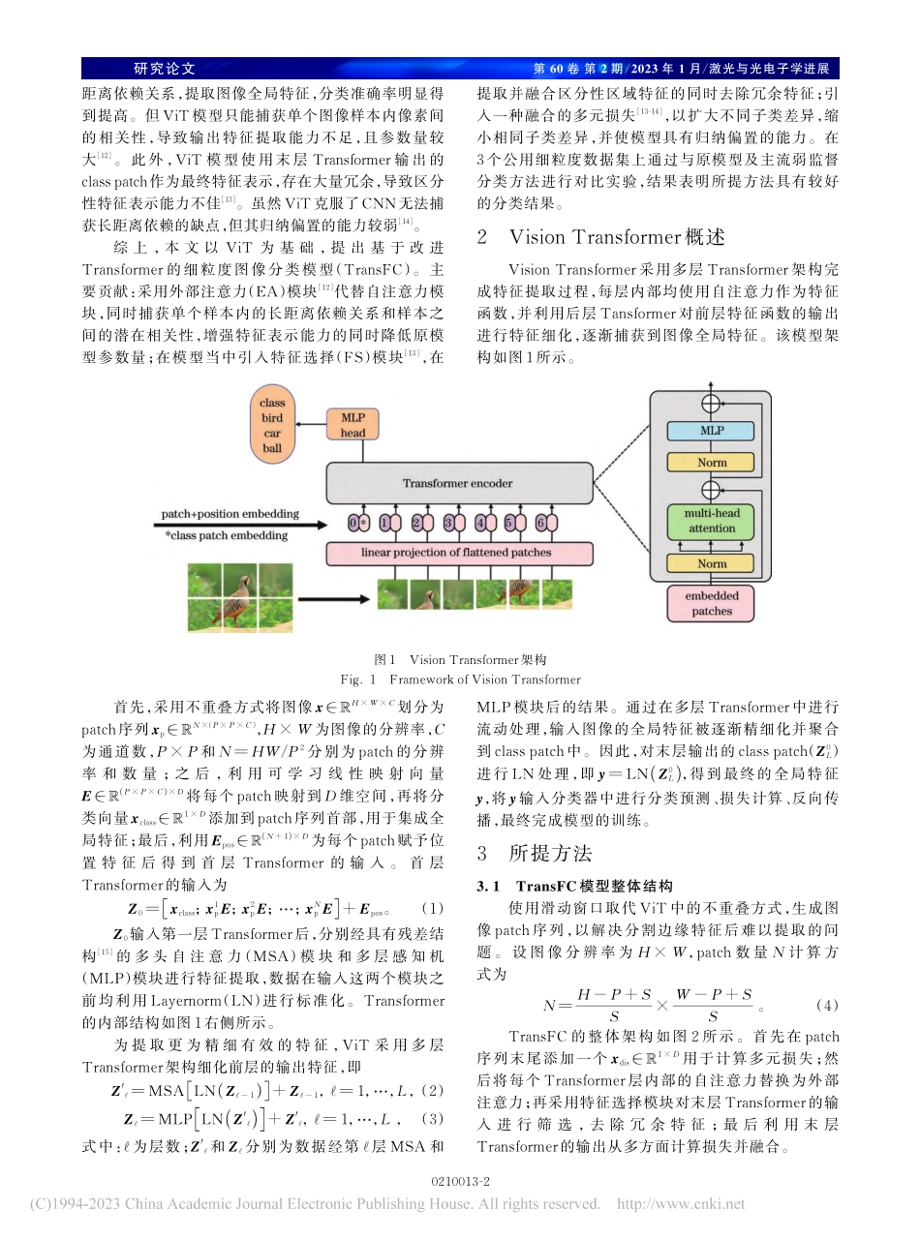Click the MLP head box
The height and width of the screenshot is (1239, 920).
tap(353, 425)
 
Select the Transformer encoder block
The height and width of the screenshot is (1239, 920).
tap(458, 482)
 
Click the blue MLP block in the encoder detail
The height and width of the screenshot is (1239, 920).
tap(712, 429)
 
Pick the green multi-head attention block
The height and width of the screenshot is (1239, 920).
tap(712, 522)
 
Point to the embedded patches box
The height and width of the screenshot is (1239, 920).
tap(712, 604)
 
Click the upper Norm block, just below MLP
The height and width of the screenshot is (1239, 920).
tap(712, 463)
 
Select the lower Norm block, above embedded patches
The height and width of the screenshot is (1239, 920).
tap(712, 563)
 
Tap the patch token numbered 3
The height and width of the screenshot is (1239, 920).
tap(448, 524)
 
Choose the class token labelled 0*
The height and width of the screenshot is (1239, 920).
tap(357, 524)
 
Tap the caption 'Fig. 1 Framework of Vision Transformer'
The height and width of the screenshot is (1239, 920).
tap(460, 680)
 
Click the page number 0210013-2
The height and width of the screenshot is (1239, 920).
tap(460, 1182)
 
